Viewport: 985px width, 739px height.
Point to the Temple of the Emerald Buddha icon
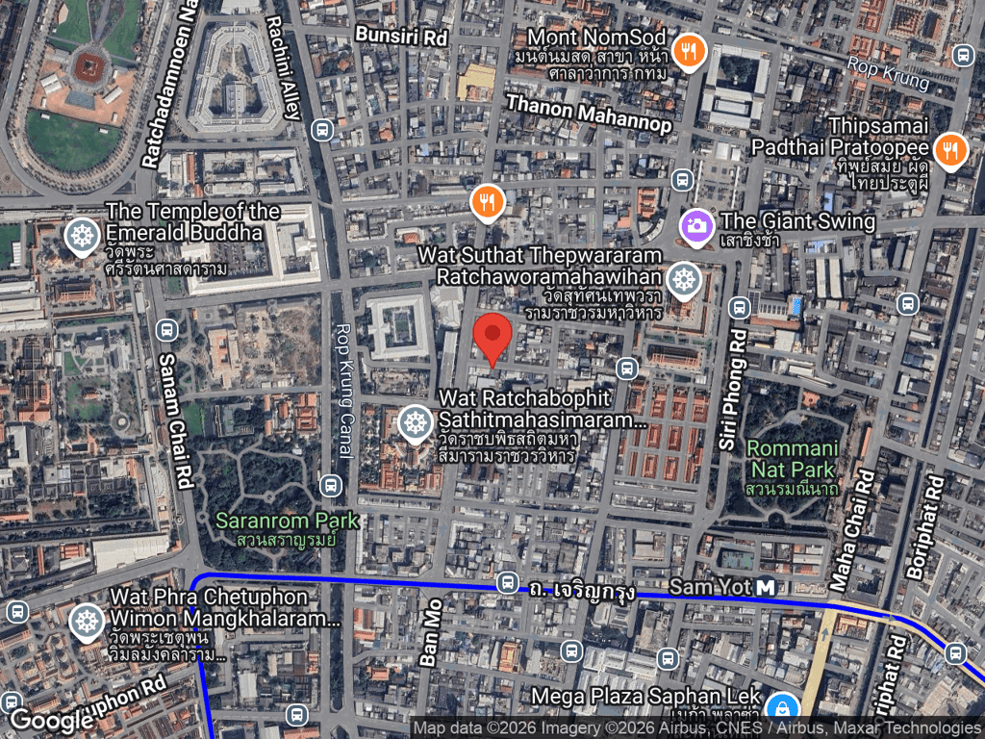[x=81, y=235]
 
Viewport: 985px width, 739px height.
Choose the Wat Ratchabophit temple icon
[x=416, y=421]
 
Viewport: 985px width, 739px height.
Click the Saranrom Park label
[x=287, y=522]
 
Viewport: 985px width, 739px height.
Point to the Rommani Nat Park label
[x=794, y=459]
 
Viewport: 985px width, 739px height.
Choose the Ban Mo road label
[x=430, y=636]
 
